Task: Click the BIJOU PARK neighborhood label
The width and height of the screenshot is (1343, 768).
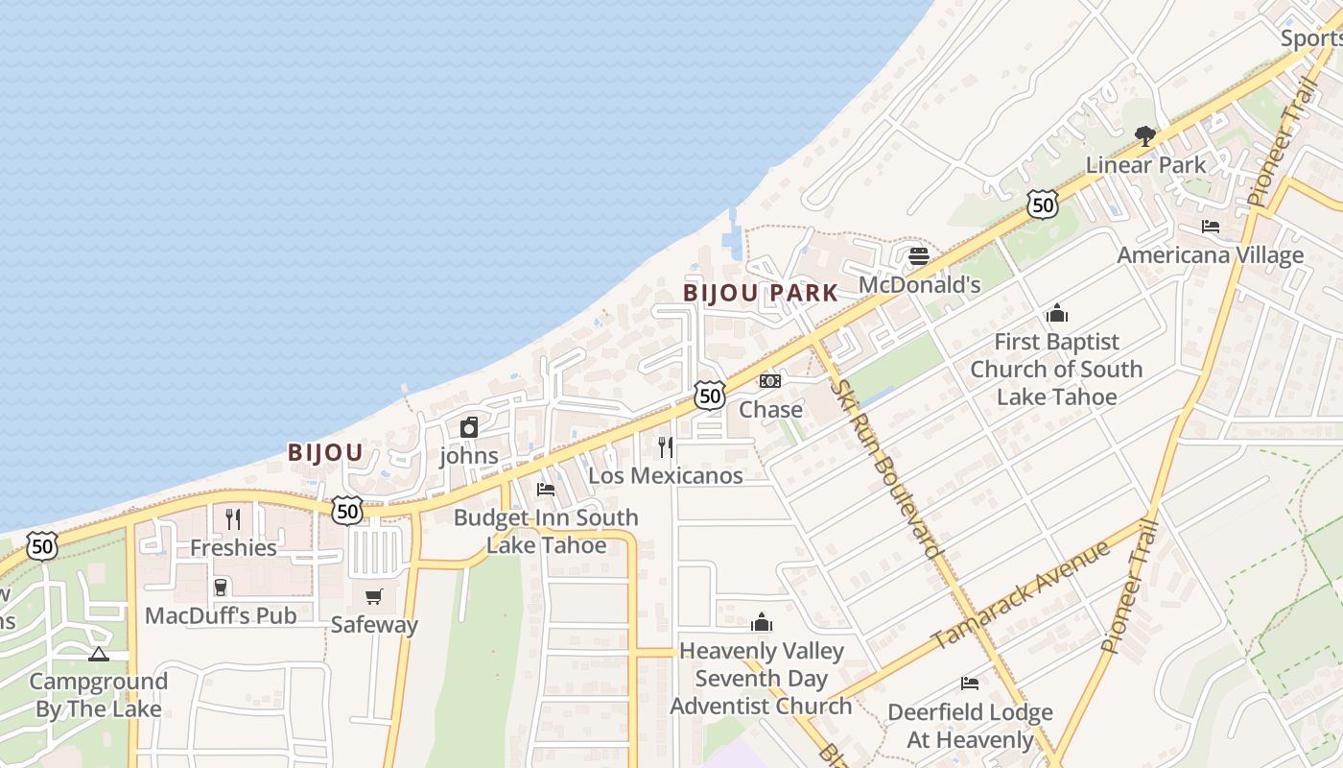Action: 761,293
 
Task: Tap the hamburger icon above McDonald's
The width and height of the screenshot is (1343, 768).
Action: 918,256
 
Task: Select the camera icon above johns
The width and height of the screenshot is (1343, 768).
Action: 469,427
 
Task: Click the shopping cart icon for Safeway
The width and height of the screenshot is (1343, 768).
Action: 374,597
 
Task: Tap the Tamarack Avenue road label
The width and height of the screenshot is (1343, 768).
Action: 1021,594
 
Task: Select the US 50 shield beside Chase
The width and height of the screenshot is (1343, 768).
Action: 709,395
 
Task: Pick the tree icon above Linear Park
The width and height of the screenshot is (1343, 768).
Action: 1144,136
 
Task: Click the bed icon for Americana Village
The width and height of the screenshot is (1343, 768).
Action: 1211,227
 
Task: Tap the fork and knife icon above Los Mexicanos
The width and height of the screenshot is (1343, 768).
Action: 666,446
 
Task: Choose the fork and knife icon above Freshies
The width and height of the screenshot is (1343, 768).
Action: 233,519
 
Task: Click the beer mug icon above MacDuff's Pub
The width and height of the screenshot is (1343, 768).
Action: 221,587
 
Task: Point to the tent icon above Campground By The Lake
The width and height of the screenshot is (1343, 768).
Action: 98,655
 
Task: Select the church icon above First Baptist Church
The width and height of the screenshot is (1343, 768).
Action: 1057,313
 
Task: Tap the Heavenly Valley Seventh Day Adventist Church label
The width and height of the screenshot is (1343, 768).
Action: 761,678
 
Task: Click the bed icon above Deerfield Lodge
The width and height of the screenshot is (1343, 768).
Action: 970,684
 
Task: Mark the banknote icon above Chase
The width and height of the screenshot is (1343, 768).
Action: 770,381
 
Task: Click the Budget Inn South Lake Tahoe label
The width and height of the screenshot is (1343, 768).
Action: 546,531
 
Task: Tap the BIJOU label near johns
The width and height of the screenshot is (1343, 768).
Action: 325,453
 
